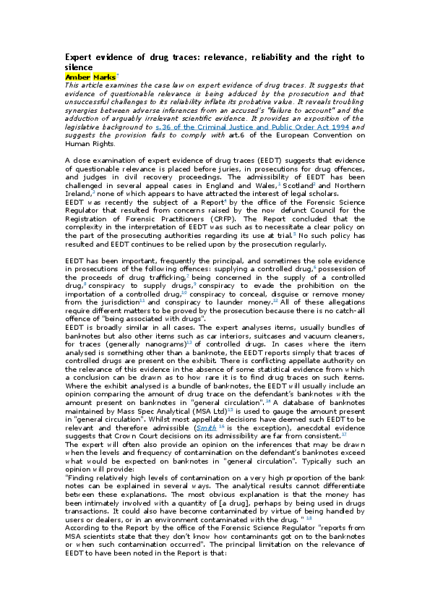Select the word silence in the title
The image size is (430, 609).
pos(80,67)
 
